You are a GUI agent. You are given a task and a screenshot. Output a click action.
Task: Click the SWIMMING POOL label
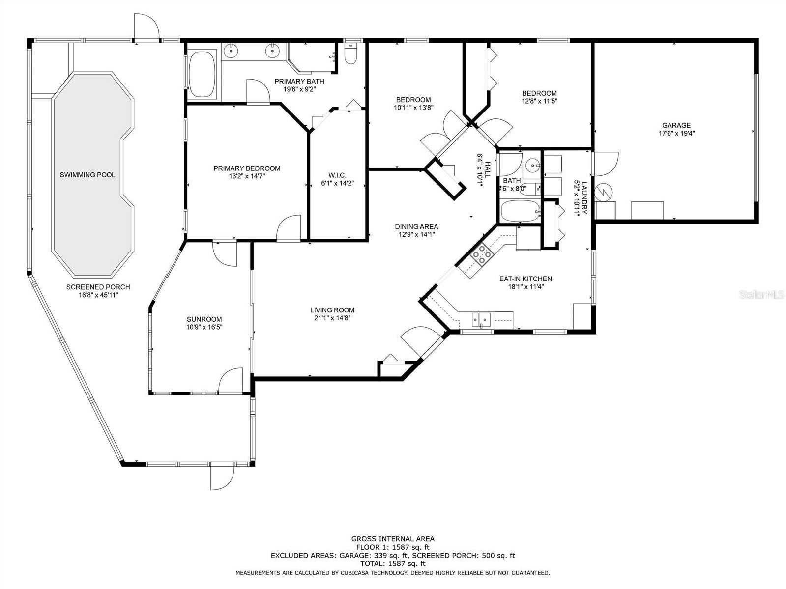click(x=87, y=175)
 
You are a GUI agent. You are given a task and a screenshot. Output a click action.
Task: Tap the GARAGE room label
click(x=676, y=125)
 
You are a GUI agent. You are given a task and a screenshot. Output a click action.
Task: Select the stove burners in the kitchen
click(x=482, y=254)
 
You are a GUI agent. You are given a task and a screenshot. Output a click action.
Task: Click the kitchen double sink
click(x=481, y=319)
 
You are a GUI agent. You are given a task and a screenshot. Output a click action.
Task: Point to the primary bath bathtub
click(x=202, y=75)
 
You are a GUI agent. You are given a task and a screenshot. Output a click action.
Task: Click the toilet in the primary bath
click(x=350, y=55)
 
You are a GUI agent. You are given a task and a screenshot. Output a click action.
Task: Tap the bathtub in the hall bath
click(x=520, y=211)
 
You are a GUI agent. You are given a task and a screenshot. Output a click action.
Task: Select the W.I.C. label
click(x=337, y=175)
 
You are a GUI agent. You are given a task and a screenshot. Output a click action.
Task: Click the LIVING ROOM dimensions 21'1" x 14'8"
click(x=332, y=318)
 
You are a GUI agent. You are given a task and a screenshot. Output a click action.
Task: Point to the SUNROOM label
click(x=204, y=319)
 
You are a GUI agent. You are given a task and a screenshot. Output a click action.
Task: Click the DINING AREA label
click(x=416, y=227)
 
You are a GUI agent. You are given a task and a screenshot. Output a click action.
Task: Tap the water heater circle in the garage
click(x=604, y=192)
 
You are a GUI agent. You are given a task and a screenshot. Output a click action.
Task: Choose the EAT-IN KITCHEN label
click(x=525, y=279)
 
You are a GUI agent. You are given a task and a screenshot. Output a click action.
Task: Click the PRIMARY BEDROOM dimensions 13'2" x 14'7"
click(x=247, y=176)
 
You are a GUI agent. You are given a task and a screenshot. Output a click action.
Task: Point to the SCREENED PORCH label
click(x=98, y=287)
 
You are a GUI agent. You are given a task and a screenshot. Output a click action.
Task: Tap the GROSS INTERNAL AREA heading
click(x=393, y=538)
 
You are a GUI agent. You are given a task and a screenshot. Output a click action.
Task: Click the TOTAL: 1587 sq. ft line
click(x=393, y=564)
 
